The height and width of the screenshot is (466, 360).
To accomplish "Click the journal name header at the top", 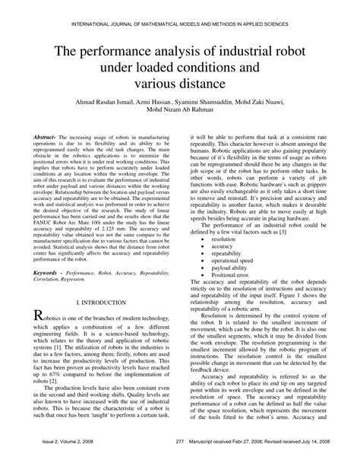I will pos(180,25).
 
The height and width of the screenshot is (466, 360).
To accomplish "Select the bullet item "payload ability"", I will pos(230,224).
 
